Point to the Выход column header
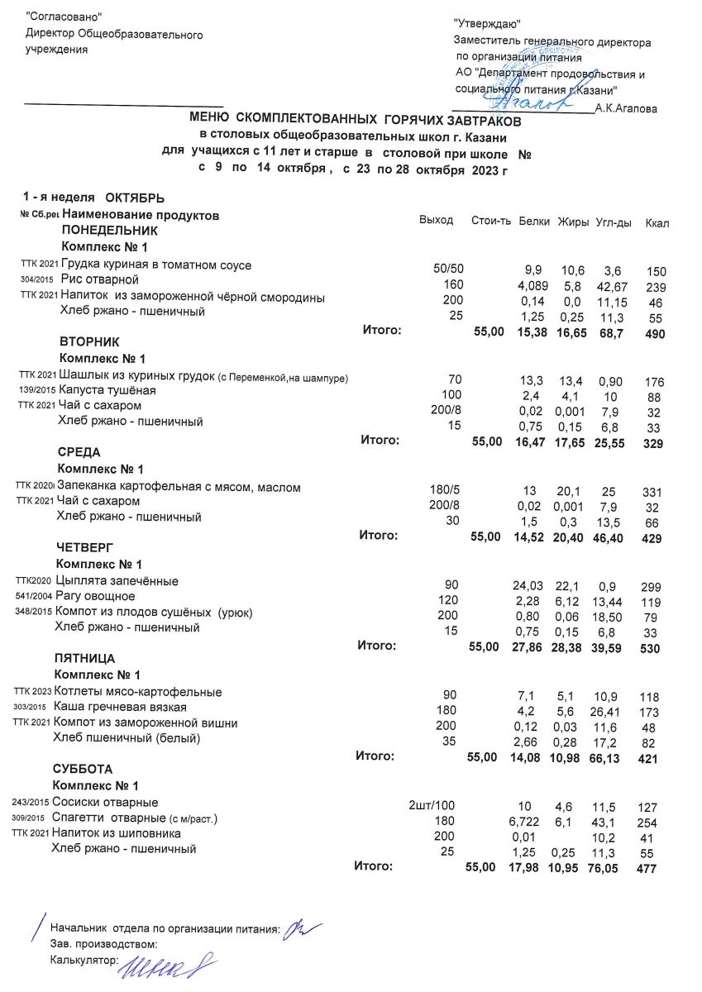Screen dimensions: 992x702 click(437, 220)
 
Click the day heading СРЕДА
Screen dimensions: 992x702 click(80, 453)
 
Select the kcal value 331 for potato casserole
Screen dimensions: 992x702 click(652, 493)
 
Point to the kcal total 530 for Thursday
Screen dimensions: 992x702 click(650, 650)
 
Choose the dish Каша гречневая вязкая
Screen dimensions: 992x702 click(120, 708)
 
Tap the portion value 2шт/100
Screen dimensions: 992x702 click(432, 804)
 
